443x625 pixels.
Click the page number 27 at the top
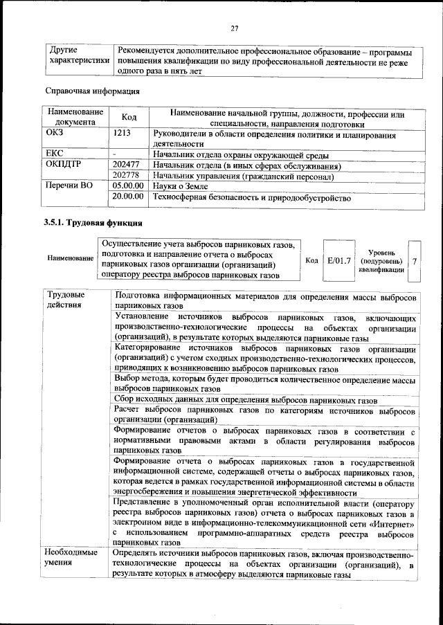click(235, 28)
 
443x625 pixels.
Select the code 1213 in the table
click(122, 132)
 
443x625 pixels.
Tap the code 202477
click(127, 166)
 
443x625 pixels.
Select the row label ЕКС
click(55, 155)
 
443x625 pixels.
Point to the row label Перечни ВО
click(69, 187)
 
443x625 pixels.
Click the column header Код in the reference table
click(129, 118)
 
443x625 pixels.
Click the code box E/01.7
click(339, 261)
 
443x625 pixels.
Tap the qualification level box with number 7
click(414, 261)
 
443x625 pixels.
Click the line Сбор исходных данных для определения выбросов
click(246, 401)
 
